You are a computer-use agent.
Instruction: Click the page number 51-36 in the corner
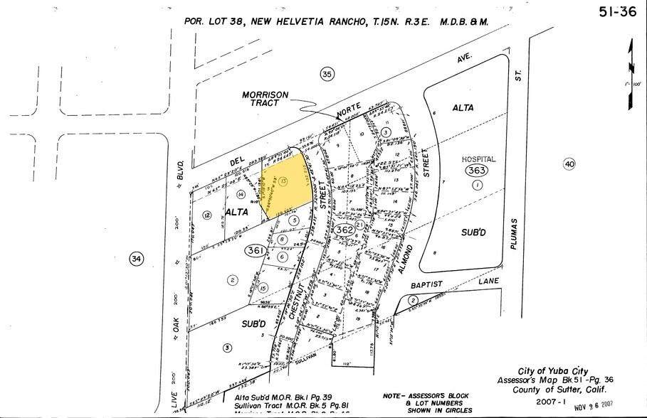click(x=616, y=11)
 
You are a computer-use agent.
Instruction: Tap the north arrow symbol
click(x=629, y=71)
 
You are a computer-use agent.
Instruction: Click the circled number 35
click(x=327, y=74)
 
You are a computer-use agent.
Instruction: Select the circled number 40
click(x=568, y=164)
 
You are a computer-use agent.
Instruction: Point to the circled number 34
click(x=136, y=259)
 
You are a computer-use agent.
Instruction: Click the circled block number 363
click(x=475, y=171)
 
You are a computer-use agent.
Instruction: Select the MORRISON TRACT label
click(x=263, y=99)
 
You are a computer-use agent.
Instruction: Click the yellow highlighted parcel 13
click(x=285, y=185)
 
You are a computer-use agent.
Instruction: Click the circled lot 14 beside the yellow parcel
click(x=241, y=194)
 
